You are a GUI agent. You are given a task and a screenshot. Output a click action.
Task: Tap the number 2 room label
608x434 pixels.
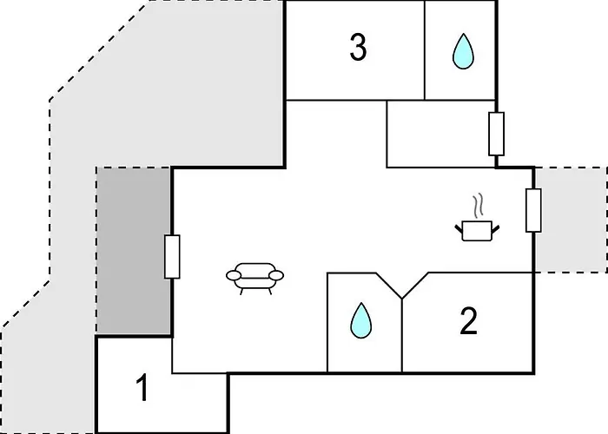(468, 322)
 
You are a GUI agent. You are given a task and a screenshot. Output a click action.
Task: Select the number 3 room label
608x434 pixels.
(357, 49)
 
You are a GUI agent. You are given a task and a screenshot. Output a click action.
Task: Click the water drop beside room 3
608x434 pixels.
(462, 52)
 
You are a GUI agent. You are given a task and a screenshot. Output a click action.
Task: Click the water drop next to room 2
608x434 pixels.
(359, 321)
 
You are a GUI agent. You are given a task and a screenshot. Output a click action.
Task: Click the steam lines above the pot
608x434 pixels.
(478, 207)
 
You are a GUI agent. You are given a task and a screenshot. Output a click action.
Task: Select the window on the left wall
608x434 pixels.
(172, 257)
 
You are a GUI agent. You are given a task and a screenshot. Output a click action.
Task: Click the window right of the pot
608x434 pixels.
(533, 210)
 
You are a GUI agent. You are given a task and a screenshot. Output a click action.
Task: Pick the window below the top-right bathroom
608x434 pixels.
(497, 134)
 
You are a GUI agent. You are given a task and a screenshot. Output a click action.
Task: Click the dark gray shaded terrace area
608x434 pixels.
(133, 252)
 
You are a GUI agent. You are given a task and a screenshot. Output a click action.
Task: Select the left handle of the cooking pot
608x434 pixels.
(459, 229)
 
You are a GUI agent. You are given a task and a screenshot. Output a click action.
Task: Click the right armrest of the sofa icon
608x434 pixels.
(276, 276)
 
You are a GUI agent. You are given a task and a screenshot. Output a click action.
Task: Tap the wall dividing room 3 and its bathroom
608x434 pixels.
(425, 49)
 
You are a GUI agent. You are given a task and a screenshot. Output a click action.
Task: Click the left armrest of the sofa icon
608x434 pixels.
(234, 276)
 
